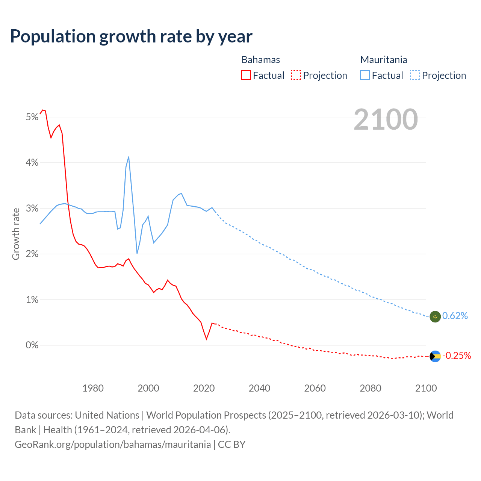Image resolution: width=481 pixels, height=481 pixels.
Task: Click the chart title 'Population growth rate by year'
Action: pyautogui.click(x=131, y=36)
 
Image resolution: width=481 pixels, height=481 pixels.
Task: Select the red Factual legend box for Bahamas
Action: pyautogui.click(x=246, y=76)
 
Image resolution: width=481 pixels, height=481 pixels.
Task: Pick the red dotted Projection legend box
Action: pyautogui.click(x=296, y=76)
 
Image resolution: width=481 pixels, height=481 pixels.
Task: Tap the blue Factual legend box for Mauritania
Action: pyautogui.click(x=365, y=76)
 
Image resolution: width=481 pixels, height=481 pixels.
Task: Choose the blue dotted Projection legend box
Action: pyautogui.click(x=415, y=76)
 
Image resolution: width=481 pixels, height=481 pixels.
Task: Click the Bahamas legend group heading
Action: pyautogui.click(x=260, y=60)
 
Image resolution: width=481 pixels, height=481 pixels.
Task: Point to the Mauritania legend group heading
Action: pyautogui.click(x=383, y=60)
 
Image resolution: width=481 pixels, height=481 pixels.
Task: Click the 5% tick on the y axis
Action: pyautogui.click(x=32, y=117)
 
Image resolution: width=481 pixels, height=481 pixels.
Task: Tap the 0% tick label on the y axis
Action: pyautogui.click(x=32, y=345)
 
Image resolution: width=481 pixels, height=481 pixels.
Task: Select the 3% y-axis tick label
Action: pyautogui.click(x=32, y=209)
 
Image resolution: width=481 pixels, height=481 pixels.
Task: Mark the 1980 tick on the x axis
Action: pyautogui.click(x=93, y=388)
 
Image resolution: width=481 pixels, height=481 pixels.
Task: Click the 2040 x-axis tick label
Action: pyautogui.click(x=259, y=388)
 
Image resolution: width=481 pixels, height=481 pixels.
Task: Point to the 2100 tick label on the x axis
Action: pyautogui.click(x=426, y=388)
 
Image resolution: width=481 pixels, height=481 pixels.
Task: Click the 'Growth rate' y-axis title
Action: pyautogui.click(x=16, y=234)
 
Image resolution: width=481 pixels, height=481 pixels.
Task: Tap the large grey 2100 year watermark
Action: pyautogui.click(x=386, y=119)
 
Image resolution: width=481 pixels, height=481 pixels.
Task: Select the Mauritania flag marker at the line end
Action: pyautogui.click(x=435, y=316)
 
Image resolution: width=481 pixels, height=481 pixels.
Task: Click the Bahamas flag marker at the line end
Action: pyautogui.click(x=435, y=356)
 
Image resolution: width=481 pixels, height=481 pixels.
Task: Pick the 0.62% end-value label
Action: pyautogui.click(x=455, y=316)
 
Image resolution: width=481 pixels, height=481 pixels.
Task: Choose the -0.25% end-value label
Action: pyautogui.click(x=457, y=356)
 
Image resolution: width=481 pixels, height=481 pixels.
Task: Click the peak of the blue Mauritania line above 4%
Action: pyautogui.click(x=129, y=157)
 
